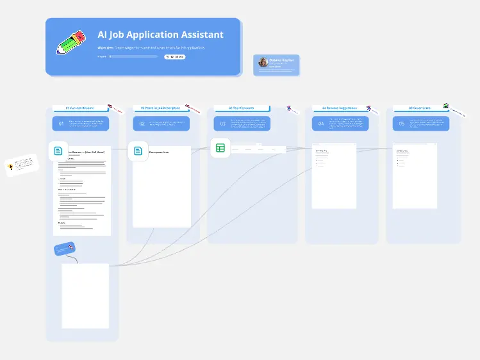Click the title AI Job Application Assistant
[160, 35]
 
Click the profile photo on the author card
[263, 62]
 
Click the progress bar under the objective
[133, 56]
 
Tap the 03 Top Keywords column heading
[242, 108]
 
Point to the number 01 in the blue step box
[62, 124]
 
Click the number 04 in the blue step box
[321, 124]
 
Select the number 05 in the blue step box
[402, 124]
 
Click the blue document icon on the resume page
[58, 151]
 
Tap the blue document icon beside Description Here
[138, 151]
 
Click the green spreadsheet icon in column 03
[220, 148]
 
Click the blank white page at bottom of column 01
[85, 295]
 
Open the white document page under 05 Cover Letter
[415, 176]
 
